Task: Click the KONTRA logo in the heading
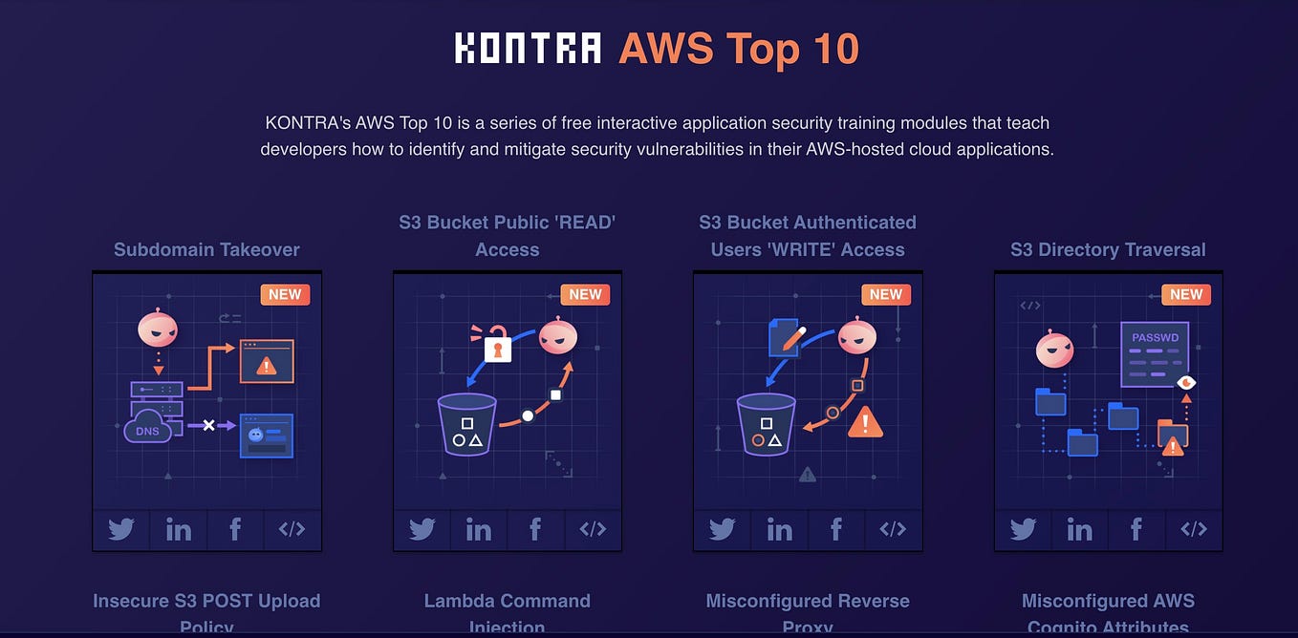pyautogui.click(x=528, y=48)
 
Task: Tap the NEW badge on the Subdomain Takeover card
pyautogui.click(x=285, y=294)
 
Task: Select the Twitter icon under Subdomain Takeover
pyautogui.click(x=121, y=529)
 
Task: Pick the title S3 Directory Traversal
pyautogui.click(x=1108, y=249)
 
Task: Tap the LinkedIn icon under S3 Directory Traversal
pyautogui.click(x=1079, y=529)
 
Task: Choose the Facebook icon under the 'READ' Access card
pyautogui.click(x=535, y=529)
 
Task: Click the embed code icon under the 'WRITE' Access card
pyautogui.click(x=893, y=529)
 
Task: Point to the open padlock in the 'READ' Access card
pyautogui.click(x=496, y=346)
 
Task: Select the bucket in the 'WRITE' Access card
pyautogui.click(x=766, y=424)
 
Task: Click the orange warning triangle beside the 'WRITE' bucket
pyautogui.click(x=865, y=421)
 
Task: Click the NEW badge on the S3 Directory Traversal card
pyautogui.click(x=1186, y=294)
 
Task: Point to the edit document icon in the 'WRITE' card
pyautogui.click(x=786, y=337)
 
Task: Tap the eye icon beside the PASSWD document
pyautogui.click(x=1186, y=382)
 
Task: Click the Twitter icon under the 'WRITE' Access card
pyautogui.click(x=722, y=529)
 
